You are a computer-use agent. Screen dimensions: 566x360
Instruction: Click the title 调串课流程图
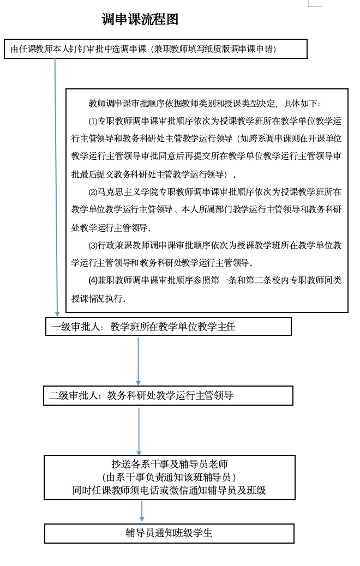(140, 20)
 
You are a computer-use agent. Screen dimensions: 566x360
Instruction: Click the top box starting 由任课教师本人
(156, 49)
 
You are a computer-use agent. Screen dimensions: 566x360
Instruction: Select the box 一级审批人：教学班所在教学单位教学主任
(169, 327)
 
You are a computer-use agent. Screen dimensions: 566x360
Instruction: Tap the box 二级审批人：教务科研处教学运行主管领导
(169, 396)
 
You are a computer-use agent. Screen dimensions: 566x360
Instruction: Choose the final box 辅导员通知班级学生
(169, 533)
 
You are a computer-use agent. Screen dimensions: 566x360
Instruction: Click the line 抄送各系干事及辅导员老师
(169, 465)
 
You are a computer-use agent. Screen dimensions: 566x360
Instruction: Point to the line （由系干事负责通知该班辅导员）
(169, 477)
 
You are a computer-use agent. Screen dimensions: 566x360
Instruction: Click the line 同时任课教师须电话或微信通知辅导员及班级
(169, 490)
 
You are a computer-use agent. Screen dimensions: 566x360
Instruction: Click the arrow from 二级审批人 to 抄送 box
(139, 431)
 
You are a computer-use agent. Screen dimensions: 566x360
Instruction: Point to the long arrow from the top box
(56, 185)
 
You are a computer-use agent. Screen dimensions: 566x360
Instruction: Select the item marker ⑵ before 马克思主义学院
(92, 192)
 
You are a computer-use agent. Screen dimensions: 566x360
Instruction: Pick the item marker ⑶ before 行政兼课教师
(92, 245)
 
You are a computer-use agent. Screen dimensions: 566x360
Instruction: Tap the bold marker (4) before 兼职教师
(93, 280)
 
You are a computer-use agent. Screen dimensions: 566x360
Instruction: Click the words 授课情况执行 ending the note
(98, 299)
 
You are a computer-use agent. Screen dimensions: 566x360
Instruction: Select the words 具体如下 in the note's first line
(302, 104)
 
